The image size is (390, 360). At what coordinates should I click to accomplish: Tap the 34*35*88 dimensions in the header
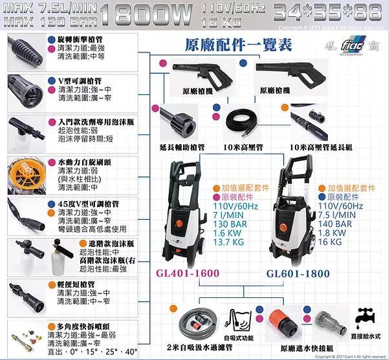[329, 12]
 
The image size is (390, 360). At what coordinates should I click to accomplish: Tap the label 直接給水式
[369, 337]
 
